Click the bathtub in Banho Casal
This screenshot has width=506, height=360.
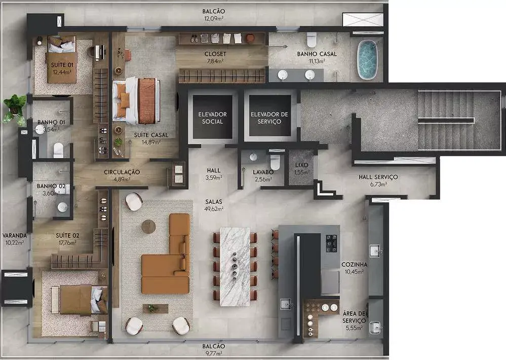[367, 60]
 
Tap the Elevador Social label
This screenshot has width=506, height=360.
[212, 118]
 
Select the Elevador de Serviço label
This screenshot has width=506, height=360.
[269, 118]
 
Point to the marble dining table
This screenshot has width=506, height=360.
[235, 267]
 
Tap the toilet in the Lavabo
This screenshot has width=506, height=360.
[275, 162]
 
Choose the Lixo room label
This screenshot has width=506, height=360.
[301, 165]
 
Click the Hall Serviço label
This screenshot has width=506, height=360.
[378, 177]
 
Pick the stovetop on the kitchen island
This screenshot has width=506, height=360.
[331, 243]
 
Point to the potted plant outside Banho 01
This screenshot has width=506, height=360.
[15, 109]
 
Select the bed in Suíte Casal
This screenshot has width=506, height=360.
[137, 100]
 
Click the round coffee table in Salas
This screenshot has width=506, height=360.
[148, 227]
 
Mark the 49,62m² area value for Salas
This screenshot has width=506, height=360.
[214, 209]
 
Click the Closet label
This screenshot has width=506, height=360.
[215, 54]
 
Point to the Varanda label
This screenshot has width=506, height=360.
[15, 236]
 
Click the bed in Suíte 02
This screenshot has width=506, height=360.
[80, 300]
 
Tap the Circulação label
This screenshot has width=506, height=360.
[122, 172]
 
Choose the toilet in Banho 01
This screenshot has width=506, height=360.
[58, 150]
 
